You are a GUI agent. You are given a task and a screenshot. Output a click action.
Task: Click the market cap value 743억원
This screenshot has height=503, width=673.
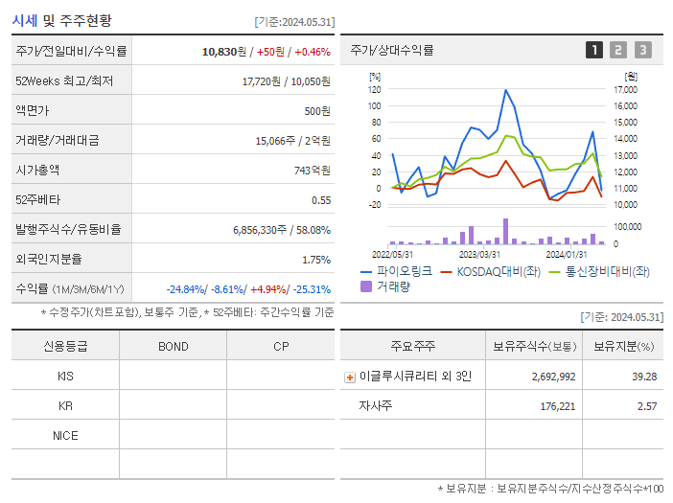click(x=313, y=171)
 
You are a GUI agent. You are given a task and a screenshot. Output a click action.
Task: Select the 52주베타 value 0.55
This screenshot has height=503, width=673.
click(x=321, y=200)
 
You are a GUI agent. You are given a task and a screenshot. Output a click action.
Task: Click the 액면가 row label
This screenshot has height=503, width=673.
click(x=31, y=111)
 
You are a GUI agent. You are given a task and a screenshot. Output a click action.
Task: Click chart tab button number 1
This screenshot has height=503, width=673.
click(x=594, y=50)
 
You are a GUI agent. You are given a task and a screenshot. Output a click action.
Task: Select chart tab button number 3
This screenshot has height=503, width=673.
click(x=642, y=50)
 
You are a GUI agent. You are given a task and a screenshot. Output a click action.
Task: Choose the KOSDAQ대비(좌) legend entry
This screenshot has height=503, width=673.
click(x=495, y=272)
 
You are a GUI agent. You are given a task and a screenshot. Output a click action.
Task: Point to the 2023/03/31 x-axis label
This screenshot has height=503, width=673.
click(x=479, y=254)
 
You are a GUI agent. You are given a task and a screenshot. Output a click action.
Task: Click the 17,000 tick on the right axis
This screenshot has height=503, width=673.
click(x=625, y=89)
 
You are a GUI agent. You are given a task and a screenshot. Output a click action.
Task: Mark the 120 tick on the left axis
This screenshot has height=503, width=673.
click(x=374, y=89)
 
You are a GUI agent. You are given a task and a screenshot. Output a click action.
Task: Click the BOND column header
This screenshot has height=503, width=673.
click(x=173, y=346)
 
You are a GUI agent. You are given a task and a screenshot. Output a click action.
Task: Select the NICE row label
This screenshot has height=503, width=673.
click(x=65, y=436)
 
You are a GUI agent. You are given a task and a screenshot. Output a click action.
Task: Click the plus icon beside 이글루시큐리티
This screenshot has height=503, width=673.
click(x=350, y=377)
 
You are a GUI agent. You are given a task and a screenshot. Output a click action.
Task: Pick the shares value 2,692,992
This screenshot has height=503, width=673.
click(x=553, y=377)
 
